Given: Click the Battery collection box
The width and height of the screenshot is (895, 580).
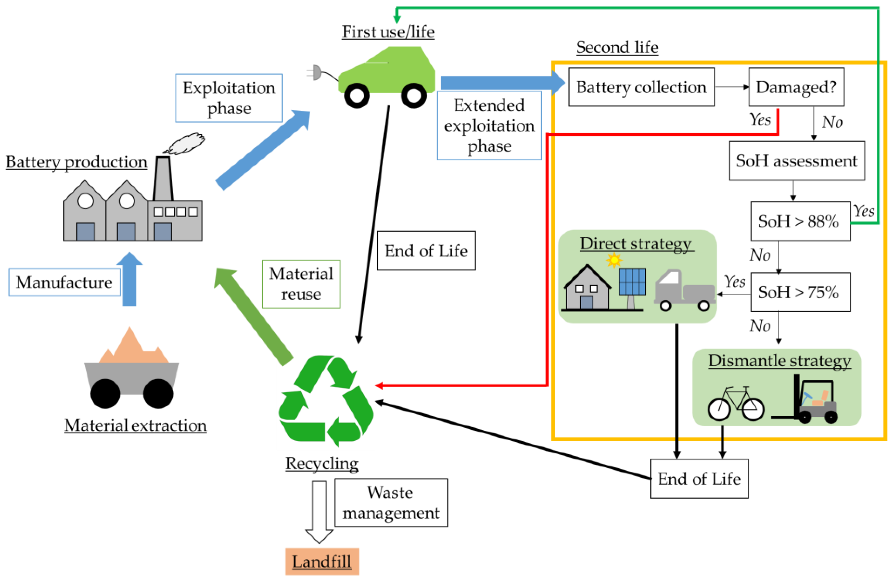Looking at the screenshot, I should point(641,87).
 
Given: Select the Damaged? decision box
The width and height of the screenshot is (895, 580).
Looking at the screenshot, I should point(796,87).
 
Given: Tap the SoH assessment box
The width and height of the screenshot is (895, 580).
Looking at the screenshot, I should point(797,161).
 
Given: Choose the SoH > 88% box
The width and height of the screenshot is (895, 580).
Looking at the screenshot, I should point(800,221).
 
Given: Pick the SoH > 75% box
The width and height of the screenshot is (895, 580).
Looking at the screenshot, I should point(800,292).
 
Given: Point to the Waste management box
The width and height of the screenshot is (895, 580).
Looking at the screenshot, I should point(391,502).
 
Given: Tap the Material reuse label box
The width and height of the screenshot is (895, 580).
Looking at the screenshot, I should point(301,284).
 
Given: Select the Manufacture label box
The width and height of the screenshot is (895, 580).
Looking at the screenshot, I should point(64,282).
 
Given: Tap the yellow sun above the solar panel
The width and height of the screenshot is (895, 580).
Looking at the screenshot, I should point(614,260).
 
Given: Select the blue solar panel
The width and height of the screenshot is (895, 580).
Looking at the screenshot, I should point(632,281).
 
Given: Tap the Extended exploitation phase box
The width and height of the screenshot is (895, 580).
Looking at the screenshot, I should point(489,125).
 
